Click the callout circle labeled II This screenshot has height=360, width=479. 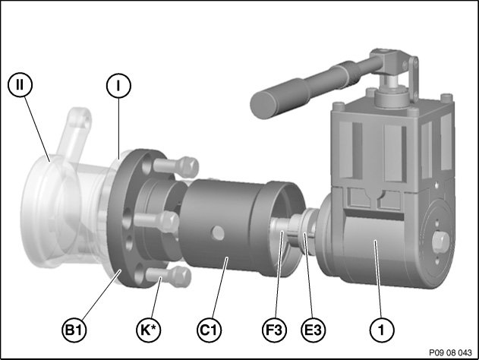(20, 84)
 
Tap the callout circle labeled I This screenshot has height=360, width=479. (118, 86)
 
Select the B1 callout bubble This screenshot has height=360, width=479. (74, 330)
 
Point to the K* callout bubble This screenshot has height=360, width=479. (149, 330)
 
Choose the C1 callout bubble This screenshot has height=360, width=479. (209, 330)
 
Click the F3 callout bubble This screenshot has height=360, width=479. (274, 330)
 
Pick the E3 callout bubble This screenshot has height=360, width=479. (313, 330)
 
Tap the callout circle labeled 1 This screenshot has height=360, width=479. (382, 330)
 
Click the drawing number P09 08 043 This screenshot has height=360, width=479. (450, 352)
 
